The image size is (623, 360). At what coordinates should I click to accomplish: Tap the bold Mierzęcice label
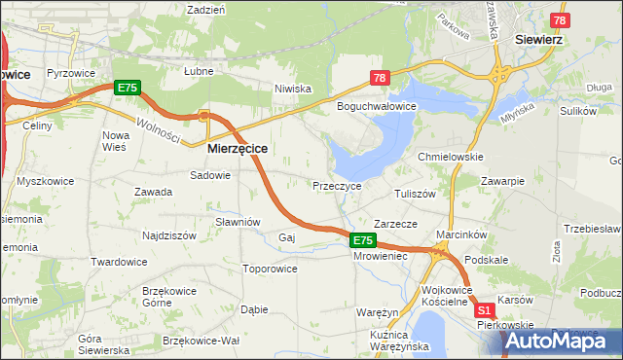238,150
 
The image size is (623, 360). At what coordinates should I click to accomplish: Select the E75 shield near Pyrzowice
128,88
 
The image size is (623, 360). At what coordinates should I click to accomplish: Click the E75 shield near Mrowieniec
362,240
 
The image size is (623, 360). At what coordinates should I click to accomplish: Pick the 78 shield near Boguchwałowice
380,78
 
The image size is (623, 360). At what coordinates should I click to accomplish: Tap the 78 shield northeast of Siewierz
560,20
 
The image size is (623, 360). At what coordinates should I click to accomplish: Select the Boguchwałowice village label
377,106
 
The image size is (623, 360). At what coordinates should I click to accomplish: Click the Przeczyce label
337,185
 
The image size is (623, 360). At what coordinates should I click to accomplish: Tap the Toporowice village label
270,268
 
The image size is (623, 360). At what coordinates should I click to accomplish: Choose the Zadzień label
205,9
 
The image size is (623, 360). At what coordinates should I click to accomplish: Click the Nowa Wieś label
116,141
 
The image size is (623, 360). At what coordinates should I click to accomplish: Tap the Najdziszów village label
144,235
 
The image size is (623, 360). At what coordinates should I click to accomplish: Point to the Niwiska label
292,89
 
